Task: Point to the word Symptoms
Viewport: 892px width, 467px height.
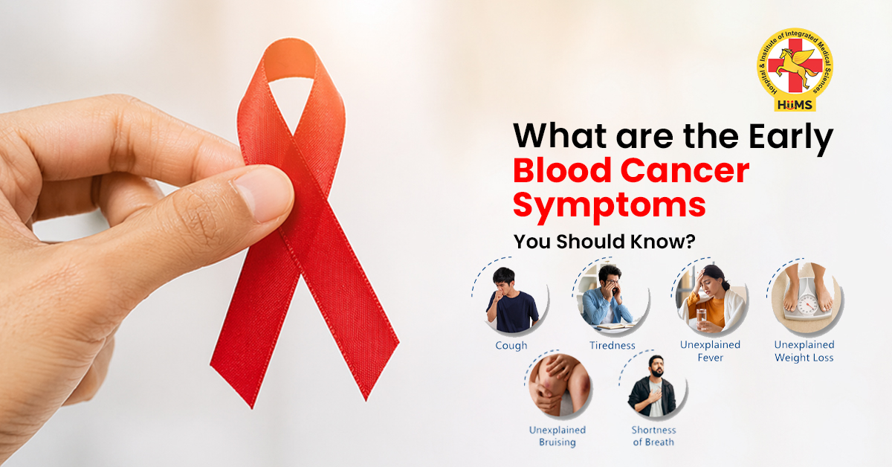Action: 609,204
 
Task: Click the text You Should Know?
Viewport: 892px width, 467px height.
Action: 607,242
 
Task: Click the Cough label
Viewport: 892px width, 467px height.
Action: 511,346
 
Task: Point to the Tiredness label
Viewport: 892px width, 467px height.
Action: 613,346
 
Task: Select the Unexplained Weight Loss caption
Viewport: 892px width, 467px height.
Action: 804,351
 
